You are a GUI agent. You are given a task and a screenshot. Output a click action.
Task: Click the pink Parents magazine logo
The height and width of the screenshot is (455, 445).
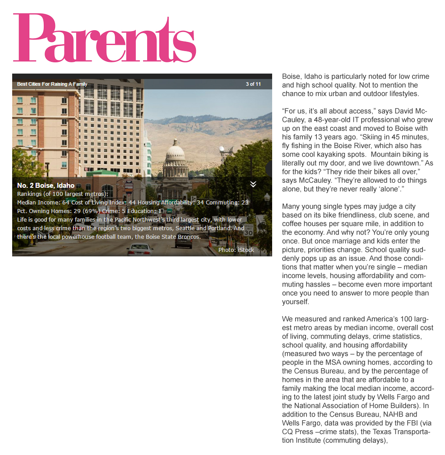[x=105, y=38]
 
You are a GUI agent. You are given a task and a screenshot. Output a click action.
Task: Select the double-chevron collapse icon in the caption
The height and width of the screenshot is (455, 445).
[x=253, y=184]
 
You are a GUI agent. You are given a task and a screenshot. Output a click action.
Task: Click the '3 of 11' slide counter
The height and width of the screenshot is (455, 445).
[x=253, y=84]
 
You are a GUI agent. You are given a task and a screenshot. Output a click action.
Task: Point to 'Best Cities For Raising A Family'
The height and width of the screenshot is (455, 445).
[x=52, y=84]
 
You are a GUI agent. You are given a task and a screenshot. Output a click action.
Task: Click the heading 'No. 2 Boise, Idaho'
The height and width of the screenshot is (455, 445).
[x=46, y=186]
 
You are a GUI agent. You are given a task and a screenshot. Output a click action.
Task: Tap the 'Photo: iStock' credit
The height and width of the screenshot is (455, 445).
[x=236, y=250]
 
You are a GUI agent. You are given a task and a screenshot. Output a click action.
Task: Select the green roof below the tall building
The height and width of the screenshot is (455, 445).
[x=103, y=173]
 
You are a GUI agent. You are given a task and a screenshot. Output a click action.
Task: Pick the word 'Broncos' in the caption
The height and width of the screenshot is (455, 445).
[x=189, y=237]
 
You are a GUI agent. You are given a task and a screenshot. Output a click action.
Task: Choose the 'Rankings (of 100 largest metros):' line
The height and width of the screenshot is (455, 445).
[x=63, y=194]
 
